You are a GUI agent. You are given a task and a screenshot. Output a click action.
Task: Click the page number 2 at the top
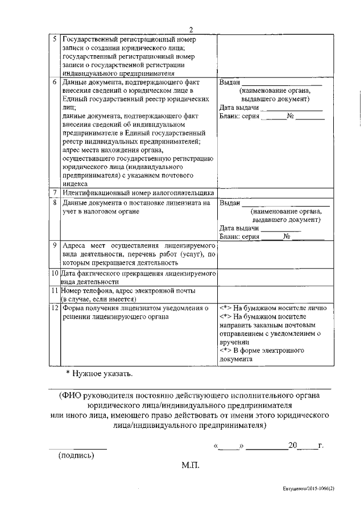[191, 30]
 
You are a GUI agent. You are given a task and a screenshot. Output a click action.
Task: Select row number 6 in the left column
[54, 82]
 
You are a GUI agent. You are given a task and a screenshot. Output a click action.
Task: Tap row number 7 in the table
[54, 193]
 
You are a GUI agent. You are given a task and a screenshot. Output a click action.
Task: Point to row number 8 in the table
[54, 202]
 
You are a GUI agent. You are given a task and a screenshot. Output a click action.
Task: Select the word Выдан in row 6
[229, 83]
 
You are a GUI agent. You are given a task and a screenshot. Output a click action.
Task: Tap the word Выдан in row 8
[229, 203]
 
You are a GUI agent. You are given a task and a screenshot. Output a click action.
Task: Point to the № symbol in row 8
[287, 236]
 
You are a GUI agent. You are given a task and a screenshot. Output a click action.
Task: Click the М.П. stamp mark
[190, 465]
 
